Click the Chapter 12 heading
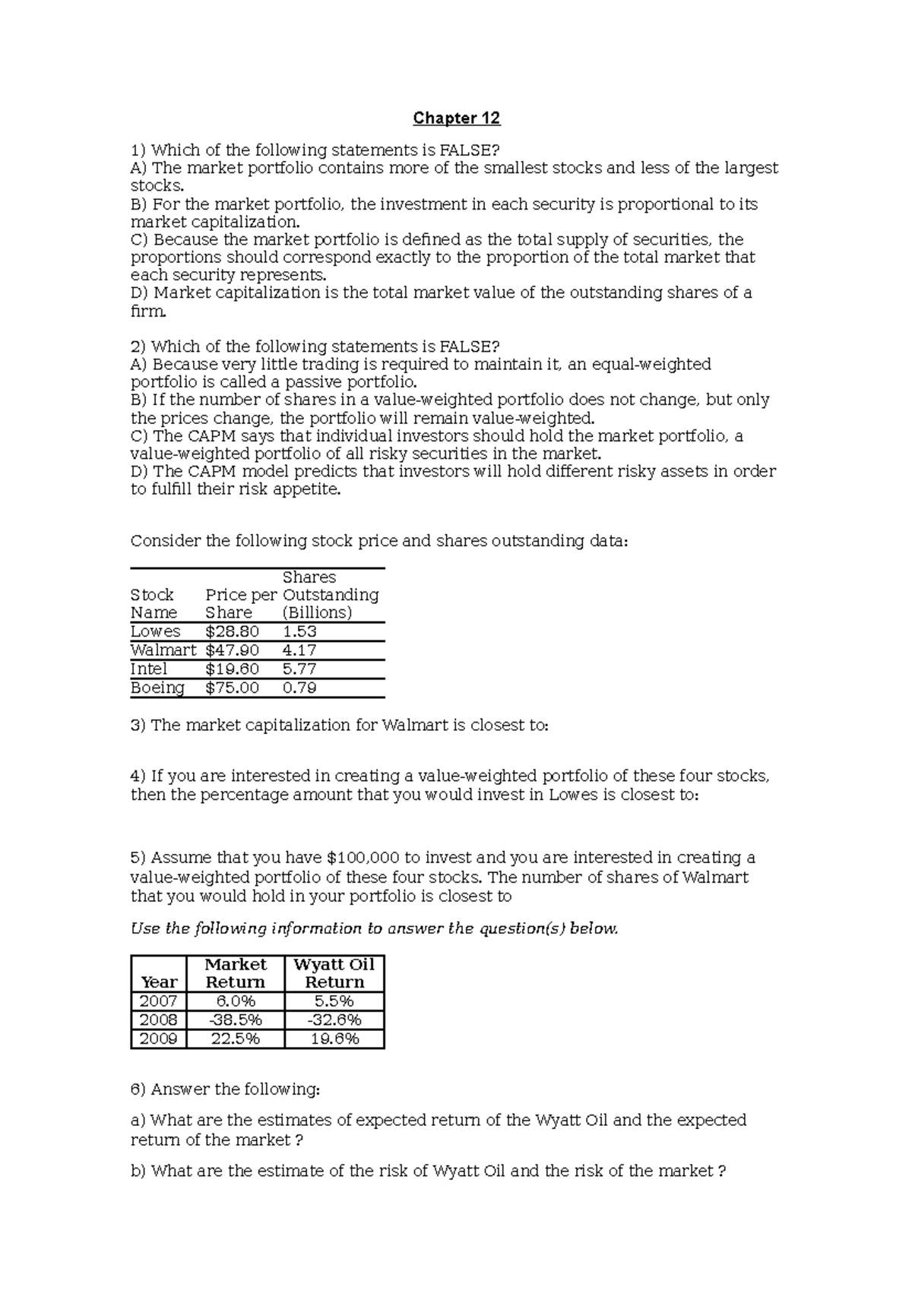[456, 119]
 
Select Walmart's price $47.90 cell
[232, 650]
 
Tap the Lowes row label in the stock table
[155, 631]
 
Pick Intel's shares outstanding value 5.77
[299, 669]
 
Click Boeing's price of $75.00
[232, 688]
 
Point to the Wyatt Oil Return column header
[334, 973]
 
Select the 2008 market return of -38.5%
[236, 1020]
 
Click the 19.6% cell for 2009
[334, 1039]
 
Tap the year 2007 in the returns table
[158, 1001]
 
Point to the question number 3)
[138, 726]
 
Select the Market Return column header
[236, 973]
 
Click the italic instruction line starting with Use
[374, 928]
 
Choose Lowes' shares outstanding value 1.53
[299, 631]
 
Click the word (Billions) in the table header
[317, 612]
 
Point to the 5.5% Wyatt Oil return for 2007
[334, 1001]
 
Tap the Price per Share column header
[240, 603]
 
